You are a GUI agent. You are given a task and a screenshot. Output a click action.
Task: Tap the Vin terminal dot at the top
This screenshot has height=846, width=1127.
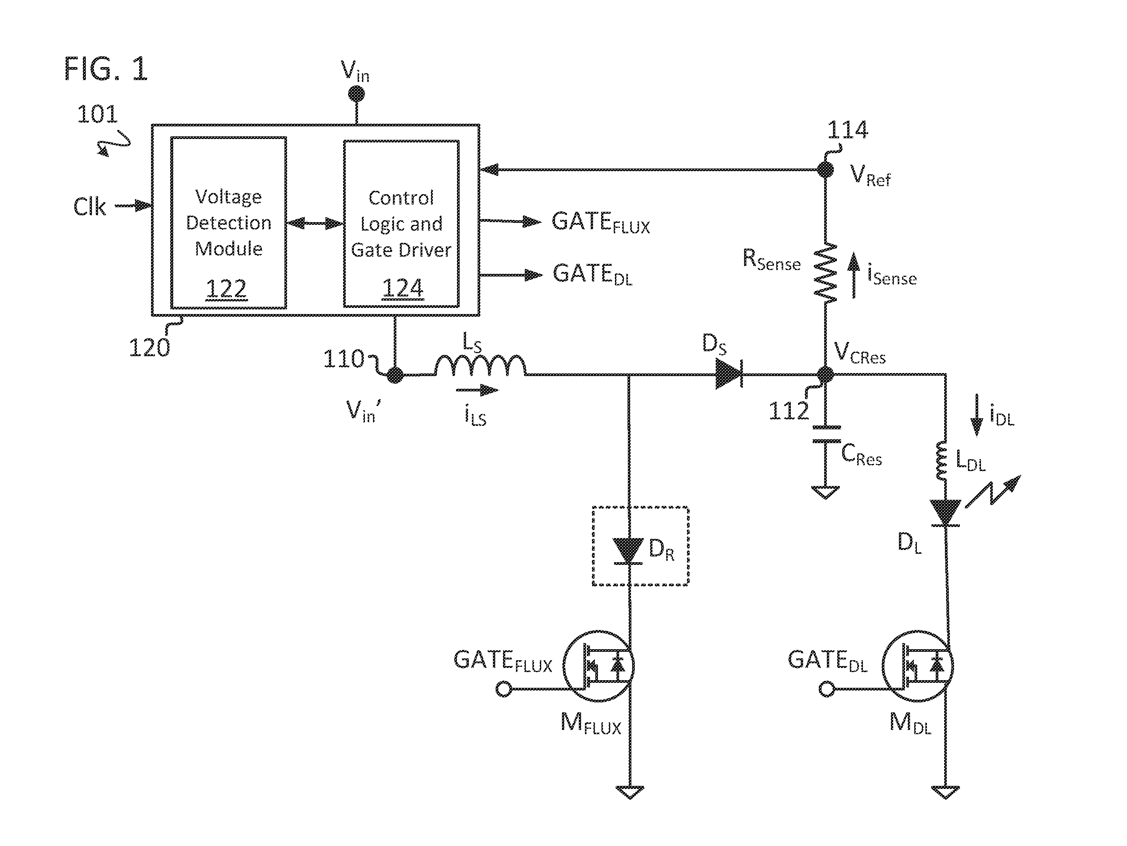pos(356,94)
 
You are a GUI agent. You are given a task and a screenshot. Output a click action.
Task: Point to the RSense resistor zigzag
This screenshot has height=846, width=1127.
pos(825,273)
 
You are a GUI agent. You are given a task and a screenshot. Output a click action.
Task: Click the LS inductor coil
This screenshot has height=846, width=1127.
pos(480,365)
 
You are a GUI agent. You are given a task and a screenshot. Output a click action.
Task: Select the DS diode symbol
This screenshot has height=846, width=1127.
pos(729,374)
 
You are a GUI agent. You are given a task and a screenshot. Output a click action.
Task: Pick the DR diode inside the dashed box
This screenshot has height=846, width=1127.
pos(628,551)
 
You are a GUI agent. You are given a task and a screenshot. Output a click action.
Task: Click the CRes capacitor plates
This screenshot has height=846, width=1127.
pos(826,434)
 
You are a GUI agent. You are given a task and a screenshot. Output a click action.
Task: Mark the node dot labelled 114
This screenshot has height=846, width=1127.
pos(825,170)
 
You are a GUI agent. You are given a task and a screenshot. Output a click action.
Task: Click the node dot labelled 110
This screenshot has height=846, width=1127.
pos(395,375)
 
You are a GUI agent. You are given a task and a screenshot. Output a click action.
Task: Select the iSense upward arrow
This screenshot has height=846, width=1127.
pos(854,275)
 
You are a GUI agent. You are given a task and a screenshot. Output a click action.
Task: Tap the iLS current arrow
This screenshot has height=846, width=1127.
pos(477,390)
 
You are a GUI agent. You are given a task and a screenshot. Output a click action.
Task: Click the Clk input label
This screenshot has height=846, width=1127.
pos(90,207)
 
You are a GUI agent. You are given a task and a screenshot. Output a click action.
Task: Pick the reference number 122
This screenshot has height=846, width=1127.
pos(226,289)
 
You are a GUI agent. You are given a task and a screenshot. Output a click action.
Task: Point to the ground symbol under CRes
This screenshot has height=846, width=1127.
pos(825,492)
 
